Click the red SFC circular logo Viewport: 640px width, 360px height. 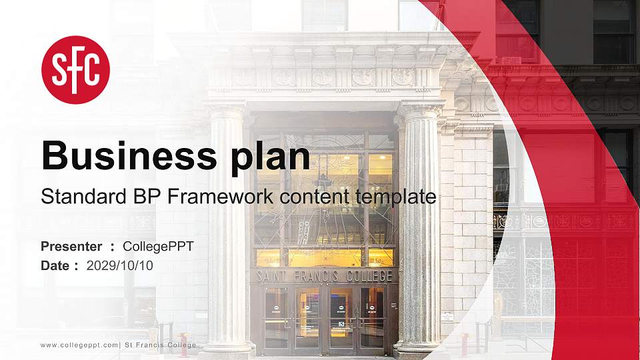(75, 70)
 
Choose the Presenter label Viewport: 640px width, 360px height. (71, 247)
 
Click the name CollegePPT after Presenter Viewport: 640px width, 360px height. (158, 247)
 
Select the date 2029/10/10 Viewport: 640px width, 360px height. (120, 265)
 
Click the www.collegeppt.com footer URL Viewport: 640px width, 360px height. (79, 345)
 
